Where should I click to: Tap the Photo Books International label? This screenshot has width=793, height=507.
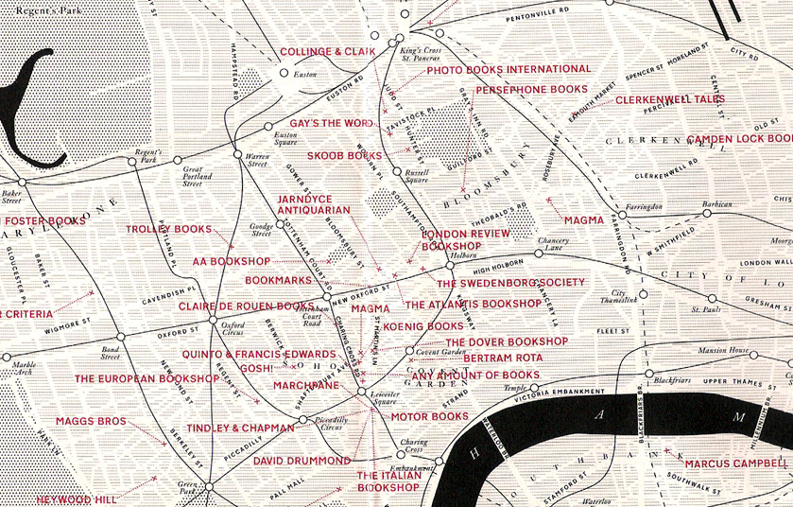click(509, 70)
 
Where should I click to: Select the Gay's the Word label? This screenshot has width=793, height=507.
click(331, 124)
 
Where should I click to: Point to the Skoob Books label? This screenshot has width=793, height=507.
click(345, 155)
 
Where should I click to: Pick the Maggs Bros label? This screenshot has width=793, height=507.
click(90, 421)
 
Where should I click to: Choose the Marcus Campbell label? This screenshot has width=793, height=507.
click(733, 463)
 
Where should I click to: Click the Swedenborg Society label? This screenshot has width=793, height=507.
click(510, 283)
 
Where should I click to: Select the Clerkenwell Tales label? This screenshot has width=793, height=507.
click(670, 99)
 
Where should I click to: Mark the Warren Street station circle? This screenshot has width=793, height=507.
click(237, 153)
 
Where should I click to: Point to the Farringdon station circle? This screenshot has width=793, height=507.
click(622, 213)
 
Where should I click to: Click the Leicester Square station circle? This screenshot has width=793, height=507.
click(362, 392)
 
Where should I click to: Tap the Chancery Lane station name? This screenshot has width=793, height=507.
click(553, 244)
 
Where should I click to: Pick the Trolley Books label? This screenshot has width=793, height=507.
click(168, 229)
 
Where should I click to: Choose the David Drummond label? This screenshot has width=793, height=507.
click(302, 461)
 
